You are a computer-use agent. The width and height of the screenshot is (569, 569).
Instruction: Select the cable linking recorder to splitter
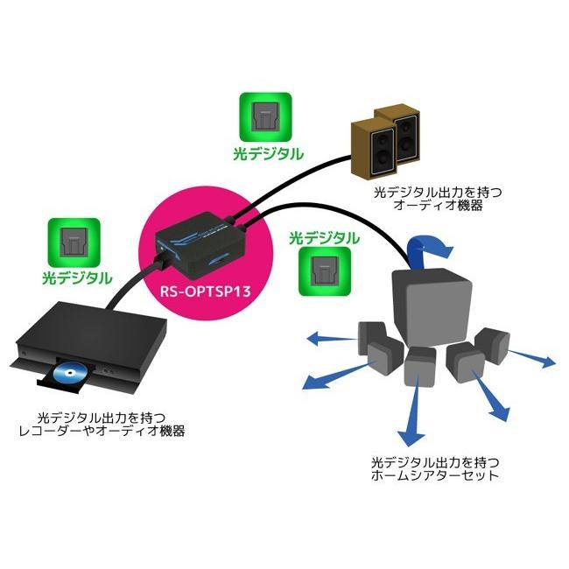(131, 284)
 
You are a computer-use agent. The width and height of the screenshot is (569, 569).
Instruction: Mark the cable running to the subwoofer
(350, 219)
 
